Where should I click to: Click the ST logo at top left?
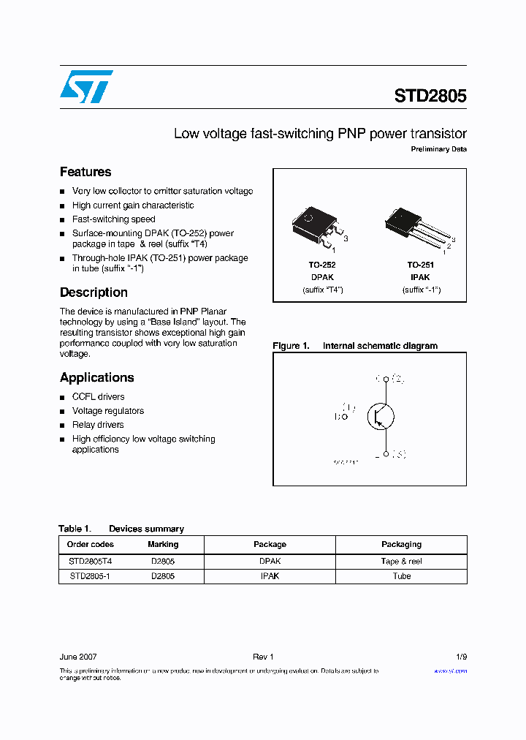click(86, 87)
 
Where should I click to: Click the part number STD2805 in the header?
click(430, 96)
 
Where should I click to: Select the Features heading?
click(85, 172)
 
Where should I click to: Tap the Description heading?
click(94, 292)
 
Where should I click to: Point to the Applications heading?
click(96, 378)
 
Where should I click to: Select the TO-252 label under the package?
click(321, 265)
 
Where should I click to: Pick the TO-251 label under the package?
click(420, 265)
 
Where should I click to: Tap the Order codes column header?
click(91, 545)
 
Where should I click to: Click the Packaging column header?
click(401, 545)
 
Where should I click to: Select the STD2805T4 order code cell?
click(91, 562)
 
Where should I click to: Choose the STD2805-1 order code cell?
click(91, 576)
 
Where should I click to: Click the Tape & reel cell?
click(401, 562)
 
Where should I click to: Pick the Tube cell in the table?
click(401, 576)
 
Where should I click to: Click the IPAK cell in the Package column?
click(270, 576)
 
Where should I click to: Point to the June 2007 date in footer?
click(77, 657)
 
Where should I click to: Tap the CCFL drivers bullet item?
click(98, 397)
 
